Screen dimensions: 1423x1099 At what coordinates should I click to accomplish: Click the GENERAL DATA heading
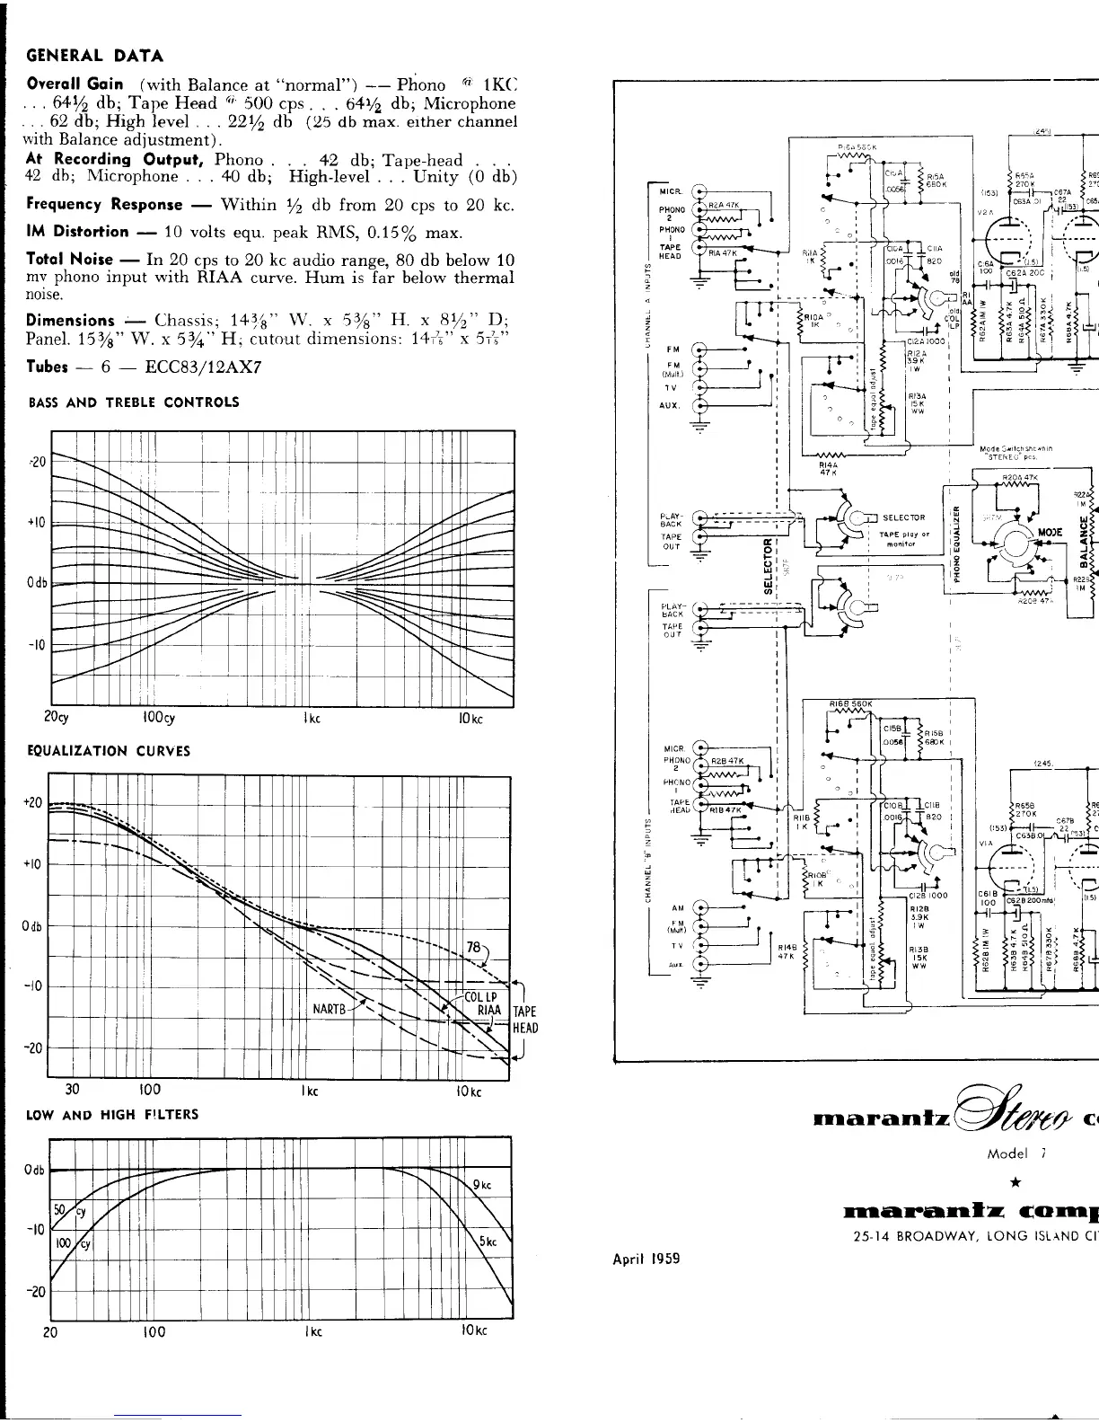[x=94, y=56]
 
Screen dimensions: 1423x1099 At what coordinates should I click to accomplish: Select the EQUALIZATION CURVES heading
[x=109, y=750]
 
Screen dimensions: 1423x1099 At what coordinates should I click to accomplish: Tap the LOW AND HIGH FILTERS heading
[x=113, y=1114]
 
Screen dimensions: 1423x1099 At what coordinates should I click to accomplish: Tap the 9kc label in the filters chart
[x=481, y=1183]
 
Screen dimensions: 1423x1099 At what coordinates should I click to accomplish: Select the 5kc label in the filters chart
[x=488, y=1242]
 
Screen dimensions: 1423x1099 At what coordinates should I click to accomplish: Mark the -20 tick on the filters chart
[x=35, y=1292]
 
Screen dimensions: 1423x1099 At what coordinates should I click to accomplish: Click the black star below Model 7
[x=1013, y=1208]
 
